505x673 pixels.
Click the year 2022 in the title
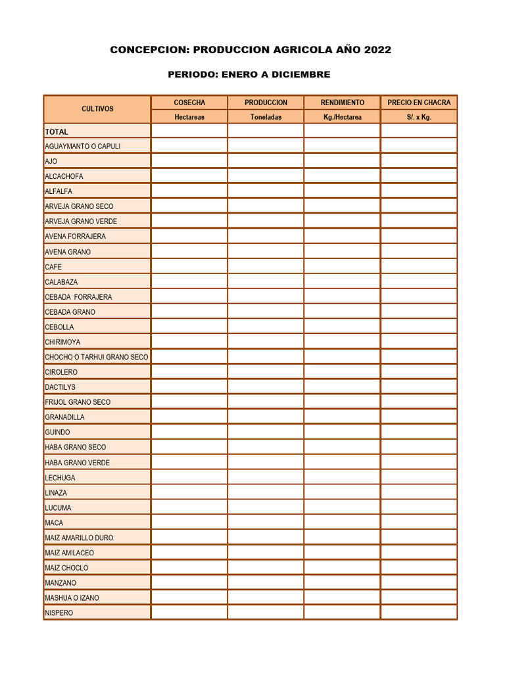point(377,50)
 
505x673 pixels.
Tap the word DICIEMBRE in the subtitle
point(302,75)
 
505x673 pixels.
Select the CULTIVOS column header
point(97,109)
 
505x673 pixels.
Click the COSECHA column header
point(189,103)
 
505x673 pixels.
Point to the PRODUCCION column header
point(266,103)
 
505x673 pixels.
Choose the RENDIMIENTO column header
point(342,103)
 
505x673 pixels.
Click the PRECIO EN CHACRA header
point(419,103)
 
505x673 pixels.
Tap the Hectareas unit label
point(189,117)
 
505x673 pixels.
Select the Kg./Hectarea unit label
point(342,117)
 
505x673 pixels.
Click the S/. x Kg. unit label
point(419,117)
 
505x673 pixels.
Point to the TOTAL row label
point(57,131)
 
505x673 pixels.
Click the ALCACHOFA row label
point(64,176)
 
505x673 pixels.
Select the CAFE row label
point(53,267)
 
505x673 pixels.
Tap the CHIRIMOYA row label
point(62,342)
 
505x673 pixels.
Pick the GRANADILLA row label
point(64,417)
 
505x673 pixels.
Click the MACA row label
point(54,522)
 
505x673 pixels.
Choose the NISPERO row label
point(59,613)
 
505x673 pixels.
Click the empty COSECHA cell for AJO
point(189,160)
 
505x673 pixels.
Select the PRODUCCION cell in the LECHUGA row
point(266,477)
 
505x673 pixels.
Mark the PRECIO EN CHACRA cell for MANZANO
point(419,582)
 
